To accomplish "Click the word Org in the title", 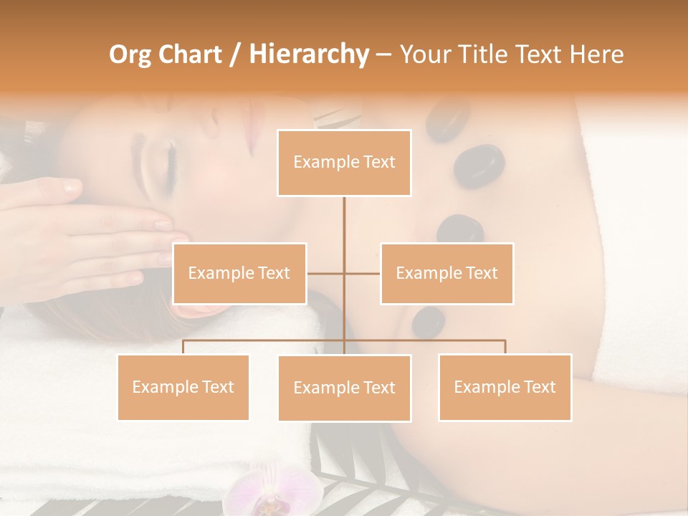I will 131,54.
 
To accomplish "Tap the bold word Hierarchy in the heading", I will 308,54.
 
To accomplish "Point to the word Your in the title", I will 426,54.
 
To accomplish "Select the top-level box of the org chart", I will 344,163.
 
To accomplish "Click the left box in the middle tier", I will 239,273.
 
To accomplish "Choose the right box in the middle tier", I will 446,273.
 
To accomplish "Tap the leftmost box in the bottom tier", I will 183,387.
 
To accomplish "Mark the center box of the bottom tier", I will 344,388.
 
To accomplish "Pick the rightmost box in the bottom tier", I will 505,387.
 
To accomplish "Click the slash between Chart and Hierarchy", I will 234,54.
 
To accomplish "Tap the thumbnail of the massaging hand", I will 72,188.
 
